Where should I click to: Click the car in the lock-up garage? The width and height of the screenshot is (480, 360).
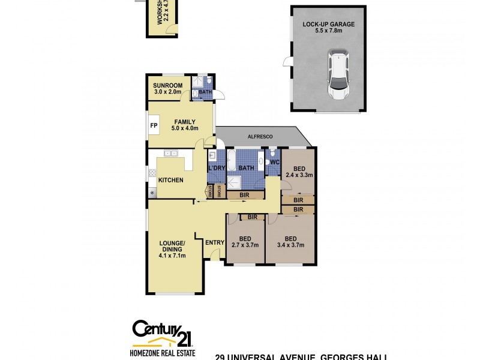pos(338,75)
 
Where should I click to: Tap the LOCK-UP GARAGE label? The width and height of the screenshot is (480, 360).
pos(328,25)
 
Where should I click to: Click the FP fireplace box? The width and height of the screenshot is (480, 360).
pos(154,126)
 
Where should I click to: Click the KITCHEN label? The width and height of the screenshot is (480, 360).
pos(170,180)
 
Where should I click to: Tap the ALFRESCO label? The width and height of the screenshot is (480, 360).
pos(261,137)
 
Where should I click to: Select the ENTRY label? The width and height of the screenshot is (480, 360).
pos(214,242)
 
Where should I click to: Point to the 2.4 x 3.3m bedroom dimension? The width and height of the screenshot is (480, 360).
pos(299,175)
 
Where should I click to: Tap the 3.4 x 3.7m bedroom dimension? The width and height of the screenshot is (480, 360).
pos(290,245)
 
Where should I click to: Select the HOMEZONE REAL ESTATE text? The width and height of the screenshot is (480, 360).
pos(161,353)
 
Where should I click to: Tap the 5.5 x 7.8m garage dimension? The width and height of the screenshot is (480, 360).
pos(328,31)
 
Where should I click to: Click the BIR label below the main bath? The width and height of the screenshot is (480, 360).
pos(244,195)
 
